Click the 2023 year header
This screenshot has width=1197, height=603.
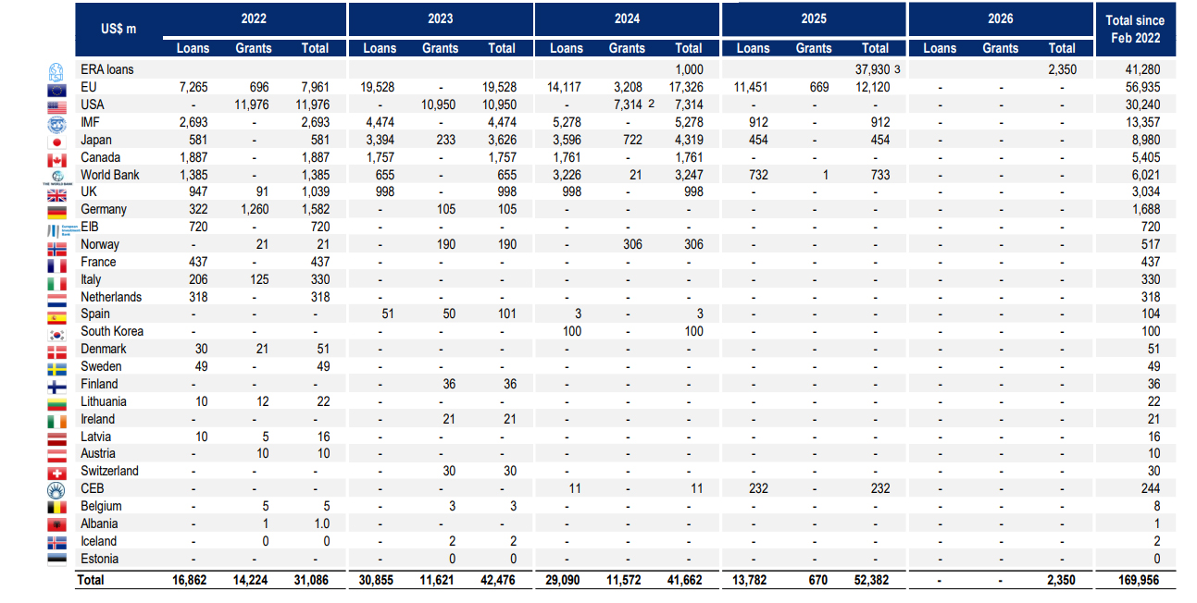[x=441, y=18]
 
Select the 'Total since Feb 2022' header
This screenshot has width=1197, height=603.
[x=1135, y=30]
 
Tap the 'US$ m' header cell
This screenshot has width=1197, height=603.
[x=118, y=29]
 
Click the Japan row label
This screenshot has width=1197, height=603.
[x=96, y=140]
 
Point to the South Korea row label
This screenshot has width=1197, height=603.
[x=112, y=331]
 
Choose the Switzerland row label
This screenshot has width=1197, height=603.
[x=109, y=471]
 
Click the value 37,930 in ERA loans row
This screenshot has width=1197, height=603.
[x=870, y=69]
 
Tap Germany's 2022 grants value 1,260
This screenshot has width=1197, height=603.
[x=253, y=210]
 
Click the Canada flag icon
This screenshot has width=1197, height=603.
[x=57, y=158]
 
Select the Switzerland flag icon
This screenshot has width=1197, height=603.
[x=57, y=472]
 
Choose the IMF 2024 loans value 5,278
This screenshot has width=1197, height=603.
[x=567, y=122]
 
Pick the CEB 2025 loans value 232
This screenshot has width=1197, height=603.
[x=754, y=488]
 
